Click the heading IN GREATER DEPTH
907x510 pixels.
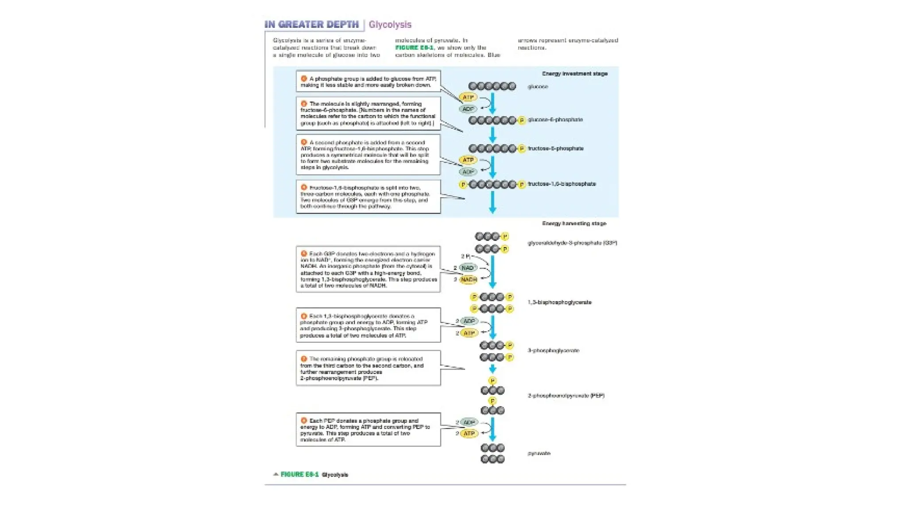point(311,24)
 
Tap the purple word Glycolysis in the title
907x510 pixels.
point(390,25)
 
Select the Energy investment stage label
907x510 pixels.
point(574,73)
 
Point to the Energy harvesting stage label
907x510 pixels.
point(574,224)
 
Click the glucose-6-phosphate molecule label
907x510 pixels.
point(555,120)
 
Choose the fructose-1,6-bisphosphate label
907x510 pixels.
point(562,184)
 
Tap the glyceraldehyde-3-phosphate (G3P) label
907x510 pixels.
point(572,243)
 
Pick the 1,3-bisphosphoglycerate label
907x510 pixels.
point(559,302)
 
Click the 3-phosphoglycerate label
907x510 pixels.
point(553,350)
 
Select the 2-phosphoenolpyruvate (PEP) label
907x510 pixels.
point(566,395)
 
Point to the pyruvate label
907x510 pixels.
point(539,453)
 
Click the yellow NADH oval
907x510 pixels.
point(469,279)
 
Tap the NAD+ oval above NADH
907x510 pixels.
point(467,267)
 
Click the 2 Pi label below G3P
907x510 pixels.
point(465,256)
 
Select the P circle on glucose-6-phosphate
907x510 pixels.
point(522,120)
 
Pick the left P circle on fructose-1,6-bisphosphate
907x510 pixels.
point(463,184)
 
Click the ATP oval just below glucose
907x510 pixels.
point(468,97)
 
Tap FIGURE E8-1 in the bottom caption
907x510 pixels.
point(299,475)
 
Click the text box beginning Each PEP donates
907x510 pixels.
point(368,430)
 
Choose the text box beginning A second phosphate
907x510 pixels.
point(368,155)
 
